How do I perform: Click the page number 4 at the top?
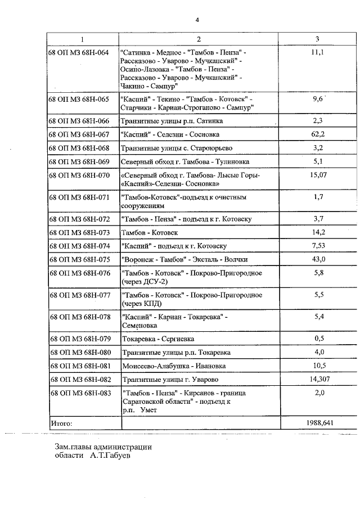tap(197, 20)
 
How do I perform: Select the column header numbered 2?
tap(199, 39)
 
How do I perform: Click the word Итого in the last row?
tap(62, 422)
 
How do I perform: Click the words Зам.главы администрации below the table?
tap(103, 447)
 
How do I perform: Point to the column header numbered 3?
tap(318, 39)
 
